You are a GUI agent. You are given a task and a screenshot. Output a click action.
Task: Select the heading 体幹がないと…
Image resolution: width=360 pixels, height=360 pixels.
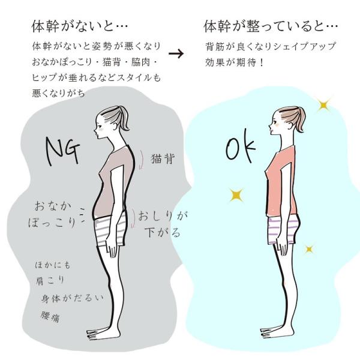coord(80,26)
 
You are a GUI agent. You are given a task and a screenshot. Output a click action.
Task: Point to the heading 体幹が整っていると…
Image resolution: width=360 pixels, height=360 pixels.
coord(271,26)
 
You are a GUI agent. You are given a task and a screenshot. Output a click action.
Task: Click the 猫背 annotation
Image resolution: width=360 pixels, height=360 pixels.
coord(163,158)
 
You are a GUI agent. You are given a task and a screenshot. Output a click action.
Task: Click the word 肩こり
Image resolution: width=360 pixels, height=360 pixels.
coord(50,280)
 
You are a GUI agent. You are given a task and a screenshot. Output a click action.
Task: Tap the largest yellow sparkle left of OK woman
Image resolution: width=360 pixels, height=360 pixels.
coord(236,194)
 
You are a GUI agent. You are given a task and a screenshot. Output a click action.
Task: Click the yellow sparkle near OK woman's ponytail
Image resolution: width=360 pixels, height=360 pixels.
coord(325,106)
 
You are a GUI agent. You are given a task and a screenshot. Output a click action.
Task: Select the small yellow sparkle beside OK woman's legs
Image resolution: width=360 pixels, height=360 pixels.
coord(310,248)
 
